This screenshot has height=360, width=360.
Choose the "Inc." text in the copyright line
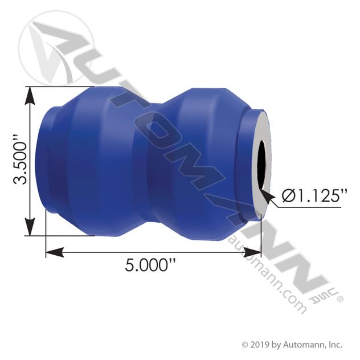click(333, 344)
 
